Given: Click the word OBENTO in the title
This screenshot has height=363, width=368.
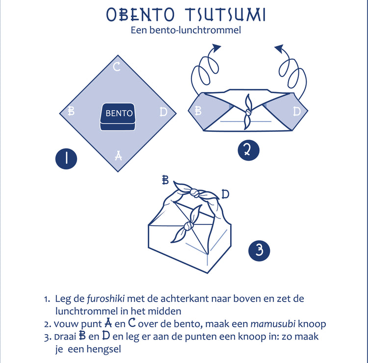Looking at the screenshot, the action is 140,15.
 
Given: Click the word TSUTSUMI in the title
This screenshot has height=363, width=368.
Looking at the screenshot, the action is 225,15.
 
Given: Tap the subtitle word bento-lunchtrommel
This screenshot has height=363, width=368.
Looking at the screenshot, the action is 195,30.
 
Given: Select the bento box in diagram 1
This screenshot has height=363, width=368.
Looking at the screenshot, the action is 118,117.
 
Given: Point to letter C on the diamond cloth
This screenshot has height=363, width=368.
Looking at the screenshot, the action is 117,67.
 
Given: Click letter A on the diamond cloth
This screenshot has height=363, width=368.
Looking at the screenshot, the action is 119,156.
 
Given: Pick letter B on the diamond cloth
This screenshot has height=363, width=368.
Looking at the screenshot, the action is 71,111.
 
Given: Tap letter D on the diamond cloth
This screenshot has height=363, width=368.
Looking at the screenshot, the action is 163,112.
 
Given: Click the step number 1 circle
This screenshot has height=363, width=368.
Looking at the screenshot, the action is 66,159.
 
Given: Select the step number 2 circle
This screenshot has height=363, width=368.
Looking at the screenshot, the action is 249,150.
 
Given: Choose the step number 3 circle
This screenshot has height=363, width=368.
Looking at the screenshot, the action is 259,251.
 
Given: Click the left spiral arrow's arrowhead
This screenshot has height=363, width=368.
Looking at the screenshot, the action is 216,47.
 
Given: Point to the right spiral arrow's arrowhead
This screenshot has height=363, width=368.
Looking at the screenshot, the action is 279,48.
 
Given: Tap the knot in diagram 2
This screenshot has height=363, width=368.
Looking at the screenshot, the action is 248,113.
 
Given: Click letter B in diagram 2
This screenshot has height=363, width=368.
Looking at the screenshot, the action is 198,111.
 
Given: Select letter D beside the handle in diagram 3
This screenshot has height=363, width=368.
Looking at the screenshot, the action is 225,194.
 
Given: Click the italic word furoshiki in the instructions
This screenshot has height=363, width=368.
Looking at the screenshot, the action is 105,299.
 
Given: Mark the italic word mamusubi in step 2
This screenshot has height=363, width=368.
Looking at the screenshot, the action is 273,324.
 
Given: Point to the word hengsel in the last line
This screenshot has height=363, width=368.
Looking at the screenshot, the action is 104,349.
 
